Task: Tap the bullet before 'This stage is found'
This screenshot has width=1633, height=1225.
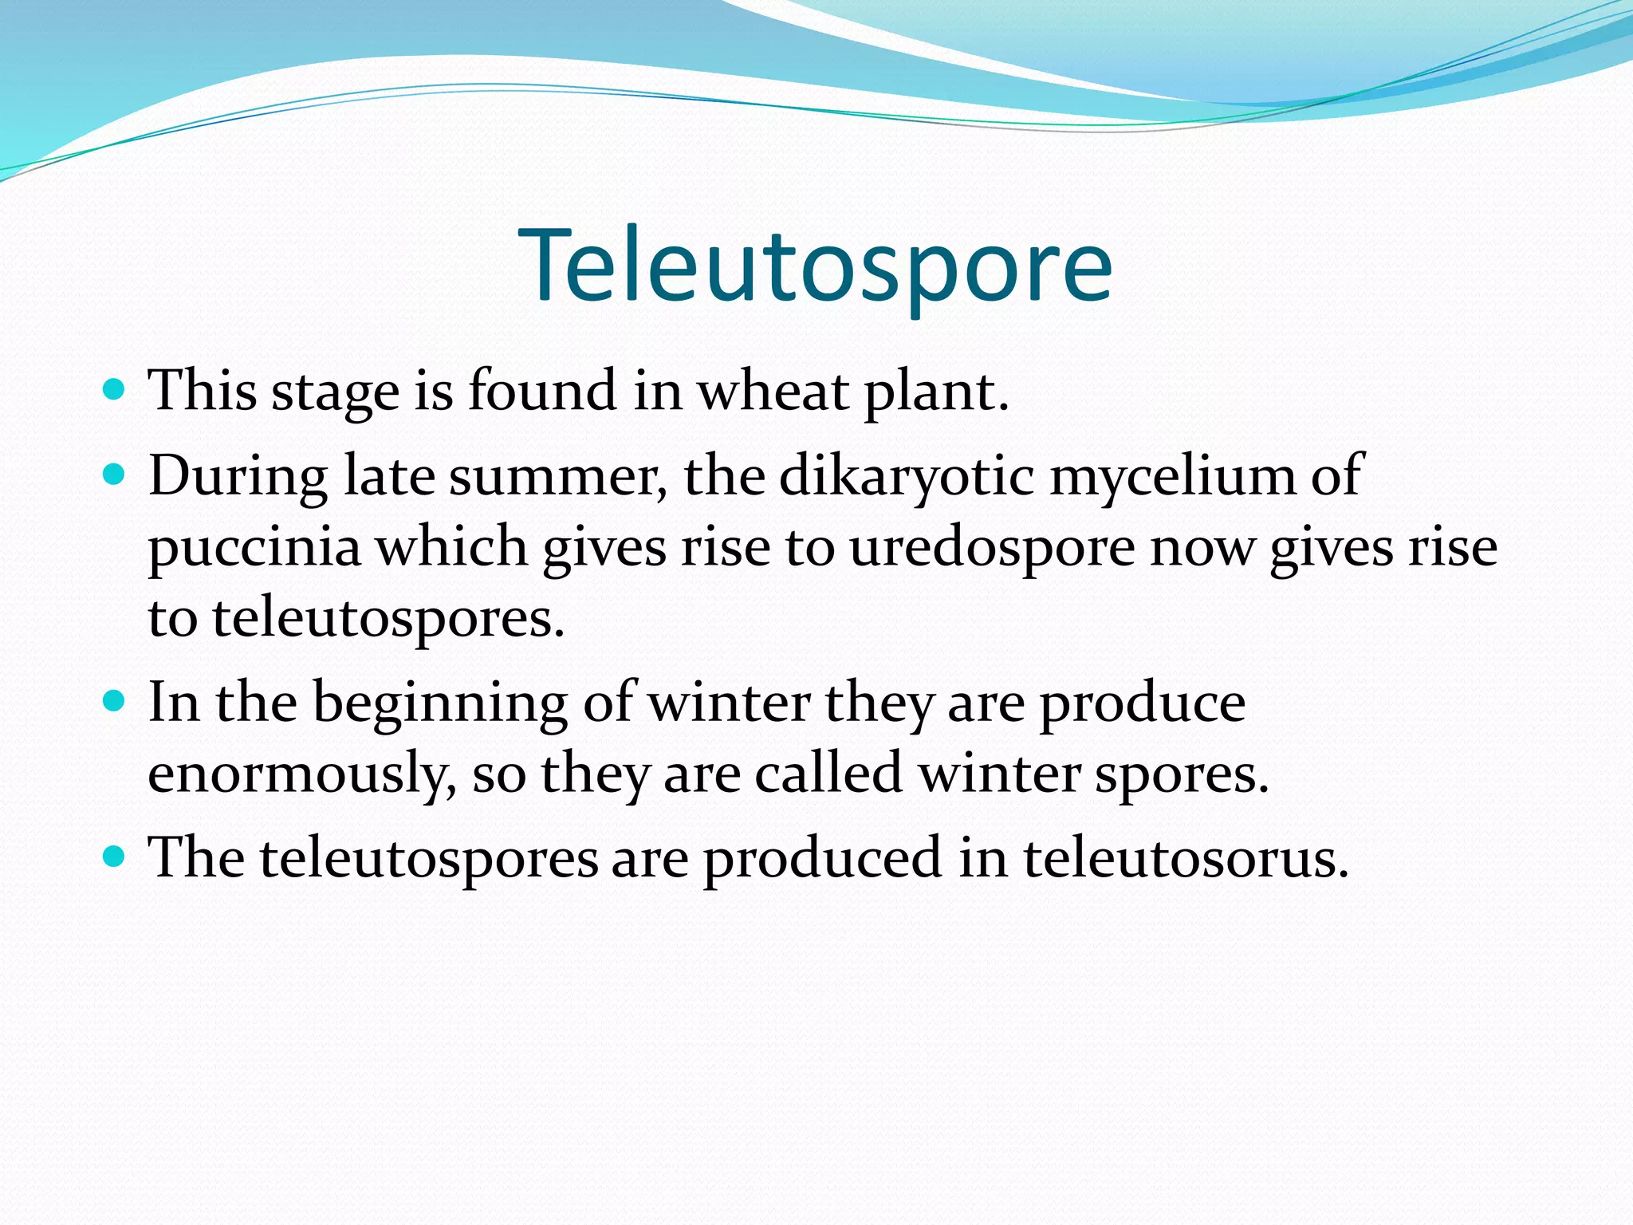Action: pyautogui.click(x=115, y=390)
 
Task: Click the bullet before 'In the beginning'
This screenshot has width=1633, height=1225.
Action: pyautogui.click(x=115, y=702)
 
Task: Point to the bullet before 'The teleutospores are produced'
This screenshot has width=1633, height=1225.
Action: pyautogui.click(x=115, y=857)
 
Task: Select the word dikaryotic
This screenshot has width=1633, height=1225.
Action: pyautogui.click(x=906, y=477)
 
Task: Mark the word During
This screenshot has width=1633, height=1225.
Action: pyautogui.click(x=238, y=477)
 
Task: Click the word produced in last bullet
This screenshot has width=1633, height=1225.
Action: pyautogui.click(x=822, y=860)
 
